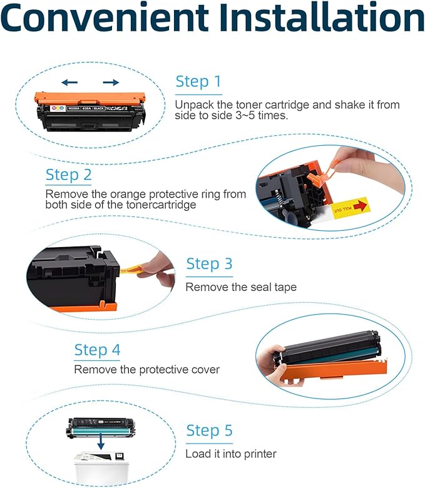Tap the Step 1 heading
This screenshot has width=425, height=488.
pos(198,81)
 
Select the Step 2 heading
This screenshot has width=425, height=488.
pos(69,175)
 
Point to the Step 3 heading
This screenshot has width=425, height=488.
pos(209,263)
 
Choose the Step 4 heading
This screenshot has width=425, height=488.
pos(97,350)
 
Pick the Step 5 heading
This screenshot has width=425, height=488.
pos(209,430)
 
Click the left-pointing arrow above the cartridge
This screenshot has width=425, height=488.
pos(69,82)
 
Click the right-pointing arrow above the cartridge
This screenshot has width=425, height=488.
pos(111,82)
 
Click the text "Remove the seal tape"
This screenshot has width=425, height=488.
pos(240,287)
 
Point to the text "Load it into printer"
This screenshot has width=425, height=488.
pos(230,454)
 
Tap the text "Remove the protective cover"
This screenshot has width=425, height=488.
pos(146,370)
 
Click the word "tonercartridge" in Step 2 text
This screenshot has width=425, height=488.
pos(163,205)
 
